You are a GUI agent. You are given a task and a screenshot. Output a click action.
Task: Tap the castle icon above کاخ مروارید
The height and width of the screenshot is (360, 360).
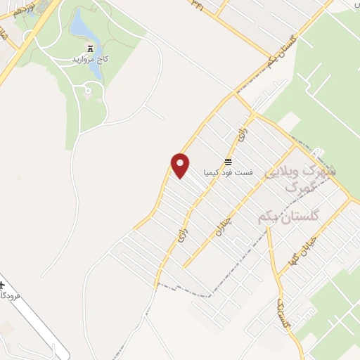(x=90, y=47)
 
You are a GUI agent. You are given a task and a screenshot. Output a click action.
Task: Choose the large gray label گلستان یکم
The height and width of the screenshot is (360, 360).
(x=288, y=217)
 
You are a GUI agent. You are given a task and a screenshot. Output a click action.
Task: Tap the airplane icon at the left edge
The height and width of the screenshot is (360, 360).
(x=2, y=285)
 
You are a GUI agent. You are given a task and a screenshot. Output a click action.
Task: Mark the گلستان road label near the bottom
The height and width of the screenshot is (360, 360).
(x=283, y=314)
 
